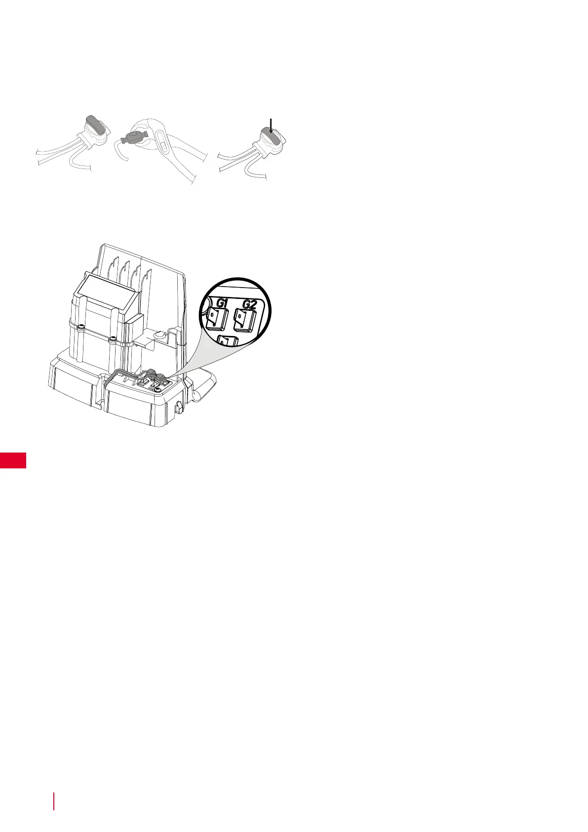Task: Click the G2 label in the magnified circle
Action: coord(249,304)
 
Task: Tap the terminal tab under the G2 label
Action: coord(243,321)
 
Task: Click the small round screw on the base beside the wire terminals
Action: coord(157,390)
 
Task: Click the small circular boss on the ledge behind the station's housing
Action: coord(159,336)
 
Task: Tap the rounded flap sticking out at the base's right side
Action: coord(203,385)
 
